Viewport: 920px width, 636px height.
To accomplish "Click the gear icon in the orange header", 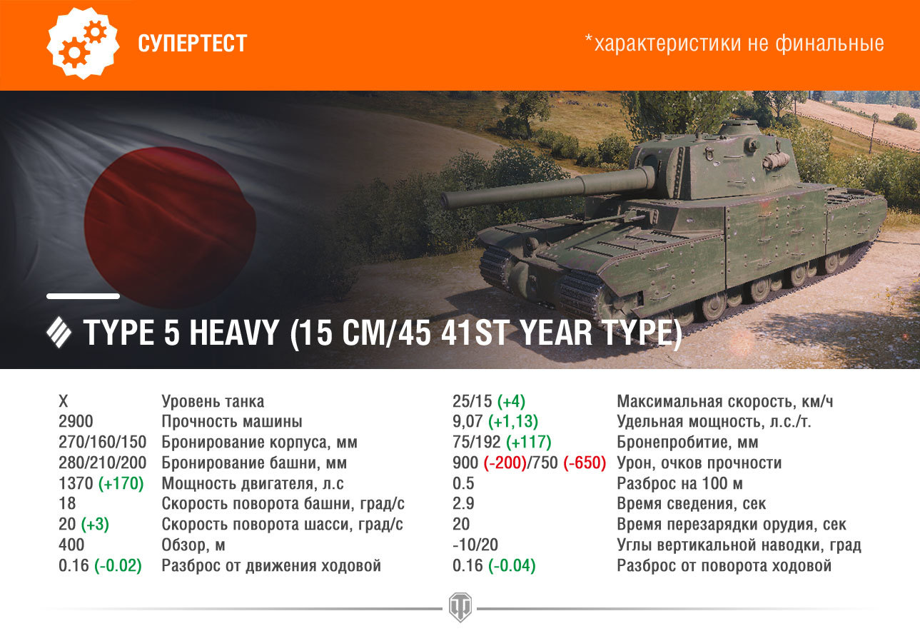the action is click(x=84, y=43).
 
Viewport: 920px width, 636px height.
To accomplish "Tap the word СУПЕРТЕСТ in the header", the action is click(x=192, y=43).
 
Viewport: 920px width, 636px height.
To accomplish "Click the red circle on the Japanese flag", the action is click(x=170, y=228).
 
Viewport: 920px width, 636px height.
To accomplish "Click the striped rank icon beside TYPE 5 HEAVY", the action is click(x=59, y=333).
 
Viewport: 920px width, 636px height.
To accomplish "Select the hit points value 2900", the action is click(x=76, y=422).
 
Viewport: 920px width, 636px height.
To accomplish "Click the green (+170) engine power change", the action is click(x=121, y=483).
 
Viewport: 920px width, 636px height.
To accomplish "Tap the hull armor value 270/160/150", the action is click(x=102, y=442).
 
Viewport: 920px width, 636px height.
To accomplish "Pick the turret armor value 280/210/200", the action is click(x=102, y=463).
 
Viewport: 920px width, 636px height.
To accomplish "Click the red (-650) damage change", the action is click(x=585, y=463).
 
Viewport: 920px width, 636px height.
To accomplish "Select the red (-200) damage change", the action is click(x=505, y=463).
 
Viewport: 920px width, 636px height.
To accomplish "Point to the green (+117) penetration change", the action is click(x=529, y=442).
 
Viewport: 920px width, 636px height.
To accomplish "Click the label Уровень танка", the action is click(x=213, y=401).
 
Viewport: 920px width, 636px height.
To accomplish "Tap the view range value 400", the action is click(x=71, y=545).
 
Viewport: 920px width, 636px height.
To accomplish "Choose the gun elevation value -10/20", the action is click(x=475, y=545).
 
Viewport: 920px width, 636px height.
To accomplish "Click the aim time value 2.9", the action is click(x=463, y=504).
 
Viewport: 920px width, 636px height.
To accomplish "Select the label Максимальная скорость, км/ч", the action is click(x=725, y=401).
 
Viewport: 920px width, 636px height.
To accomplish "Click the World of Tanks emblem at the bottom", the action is click(x=460, y=607).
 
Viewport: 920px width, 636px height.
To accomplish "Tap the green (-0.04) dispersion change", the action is click(x=512, y=565).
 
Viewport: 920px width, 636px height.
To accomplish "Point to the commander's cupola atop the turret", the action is click(x=740, y=128).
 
